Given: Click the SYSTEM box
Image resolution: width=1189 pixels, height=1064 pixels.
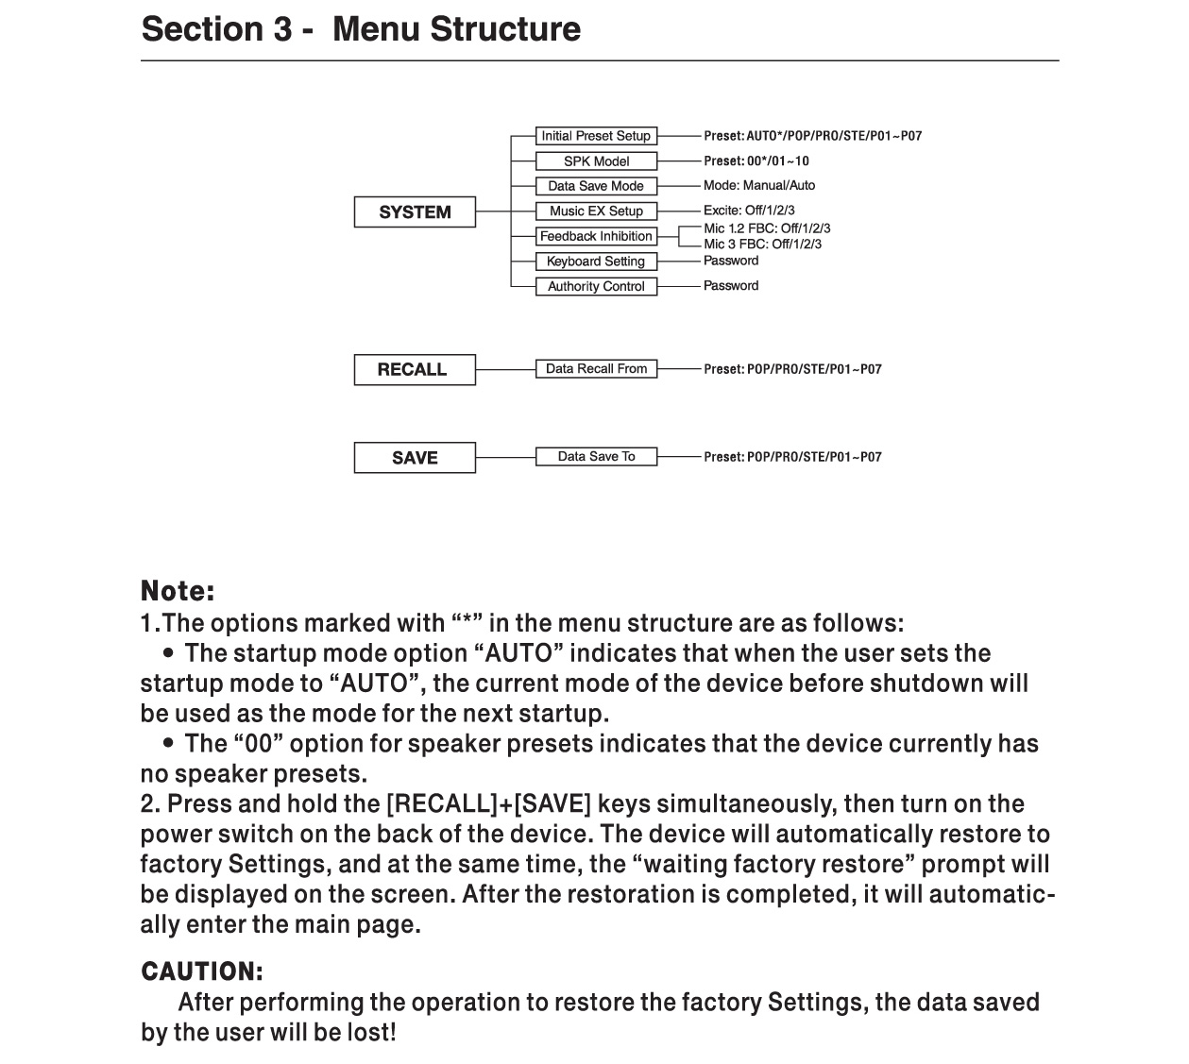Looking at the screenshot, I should pos(415,212).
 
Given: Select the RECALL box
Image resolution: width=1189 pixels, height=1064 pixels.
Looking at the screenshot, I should pos(415,369).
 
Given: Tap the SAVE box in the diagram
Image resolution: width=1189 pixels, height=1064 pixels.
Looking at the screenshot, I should pos(415,458).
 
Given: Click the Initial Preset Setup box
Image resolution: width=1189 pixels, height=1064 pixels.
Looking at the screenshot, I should pos(596,136).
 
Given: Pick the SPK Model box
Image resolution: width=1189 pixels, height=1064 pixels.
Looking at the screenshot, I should pos(596,161).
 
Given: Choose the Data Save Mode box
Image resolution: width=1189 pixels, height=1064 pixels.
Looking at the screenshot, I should pos(596,186).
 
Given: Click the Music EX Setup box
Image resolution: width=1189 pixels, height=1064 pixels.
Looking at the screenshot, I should pos(596,211).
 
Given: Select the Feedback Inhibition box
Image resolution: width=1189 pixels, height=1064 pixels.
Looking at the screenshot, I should pos(596,236).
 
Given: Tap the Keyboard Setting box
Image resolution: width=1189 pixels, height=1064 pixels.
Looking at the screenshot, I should pos(596,262).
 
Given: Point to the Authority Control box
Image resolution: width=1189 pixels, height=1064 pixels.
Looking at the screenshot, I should pos(596,286).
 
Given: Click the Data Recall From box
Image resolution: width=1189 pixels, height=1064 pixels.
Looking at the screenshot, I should pos(596,369).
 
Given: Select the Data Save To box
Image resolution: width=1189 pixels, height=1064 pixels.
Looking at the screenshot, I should pos(596,457).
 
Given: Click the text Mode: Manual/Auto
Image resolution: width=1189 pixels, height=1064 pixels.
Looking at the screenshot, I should pos(759,186).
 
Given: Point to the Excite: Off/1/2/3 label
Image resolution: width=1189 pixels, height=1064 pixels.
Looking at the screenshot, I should pos(749,211).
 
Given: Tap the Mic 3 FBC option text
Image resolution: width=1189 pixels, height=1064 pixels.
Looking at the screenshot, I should pos(762,245).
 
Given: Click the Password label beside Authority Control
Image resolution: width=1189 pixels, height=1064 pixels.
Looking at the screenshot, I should pos(731,286).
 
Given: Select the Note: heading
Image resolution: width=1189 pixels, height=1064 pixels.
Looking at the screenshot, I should pos(178,592).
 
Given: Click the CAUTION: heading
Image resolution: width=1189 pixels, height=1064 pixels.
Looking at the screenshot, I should pos(202,971).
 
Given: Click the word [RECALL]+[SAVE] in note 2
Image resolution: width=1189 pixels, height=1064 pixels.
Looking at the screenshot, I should pos(488,804).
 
